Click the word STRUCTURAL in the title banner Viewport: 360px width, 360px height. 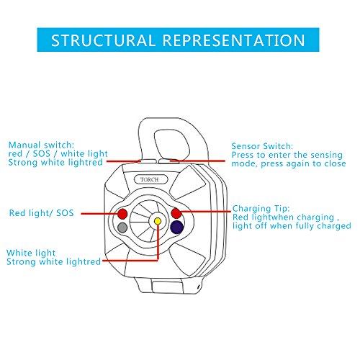(x=103, y=40)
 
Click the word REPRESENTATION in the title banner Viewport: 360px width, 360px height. (x=234, y=40)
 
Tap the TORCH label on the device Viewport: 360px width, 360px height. (x=150, y=179)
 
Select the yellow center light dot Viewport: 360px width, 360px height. (x=158, y=221)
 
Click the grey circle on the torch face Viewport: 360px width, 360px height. (x=122, y=228)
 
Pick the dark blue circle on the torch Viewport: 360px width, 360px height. (x=177, y=227)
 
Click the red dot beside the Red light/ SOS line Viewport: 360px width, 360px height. (x=122, y=214)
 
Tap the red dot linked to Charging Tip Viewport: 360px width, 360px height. (x=176, y=213)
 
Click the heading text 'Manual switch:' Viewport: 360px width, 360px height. (x=41, y=145)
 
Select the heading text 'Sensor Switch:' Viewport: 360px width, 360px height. (x=262, y=146)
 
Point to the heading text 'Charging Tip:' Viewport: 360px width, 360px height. (x=261, y=208)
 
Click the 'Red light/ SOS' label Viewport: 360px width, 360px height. (x=41, y=213)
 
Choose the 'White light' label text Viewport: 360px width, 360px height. (x=31, y=253)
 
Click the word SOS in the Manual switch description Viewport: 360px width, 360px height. (x=41, y=153)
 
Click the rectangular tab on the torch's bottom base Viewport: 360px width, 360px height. (x=168, y=287)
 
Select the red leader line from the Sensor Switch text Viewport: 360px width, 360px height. (x=197, y=161)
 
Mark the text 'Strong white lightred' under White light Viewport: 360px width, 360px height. (x=53, y=261)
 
